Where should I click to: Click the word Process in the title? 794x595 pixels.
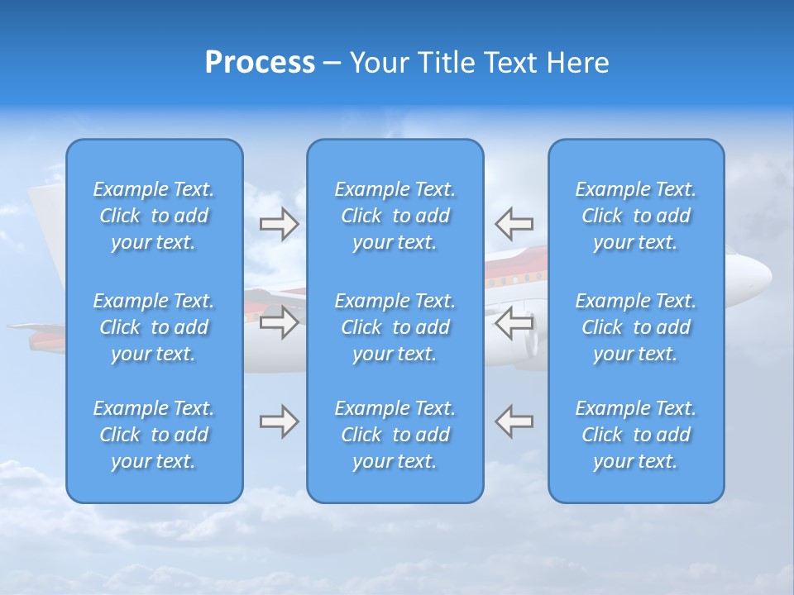260,63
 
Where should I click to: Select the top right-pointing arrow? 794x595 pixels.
279,224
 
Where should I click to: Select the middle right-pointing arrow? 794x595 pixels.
279,322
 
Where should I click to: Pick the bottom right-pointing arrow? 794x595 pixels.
279,421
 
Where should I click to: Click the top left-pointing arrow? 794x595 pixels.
514,224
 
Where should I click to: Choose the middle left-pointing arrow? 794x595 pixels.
514,322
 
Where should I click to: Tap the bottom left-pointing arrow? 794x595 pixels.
514,421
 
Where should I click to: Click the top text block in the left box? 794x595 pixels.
154,216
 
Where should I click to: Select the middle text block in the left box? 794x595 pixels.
154,327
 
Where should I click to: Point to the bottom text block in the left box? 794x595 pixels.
154,435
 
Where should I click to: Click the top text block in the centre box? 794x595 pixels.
395,216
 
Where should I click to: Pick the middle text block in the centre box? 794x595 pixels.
395,327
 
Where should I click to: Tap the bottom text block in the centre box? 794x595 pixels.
395,435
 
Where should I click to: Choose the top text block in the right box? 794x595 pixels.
636,216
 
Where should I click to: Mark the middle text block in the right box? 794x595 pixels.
636,327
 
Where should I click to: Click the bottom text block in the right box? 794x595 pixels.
636,435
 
